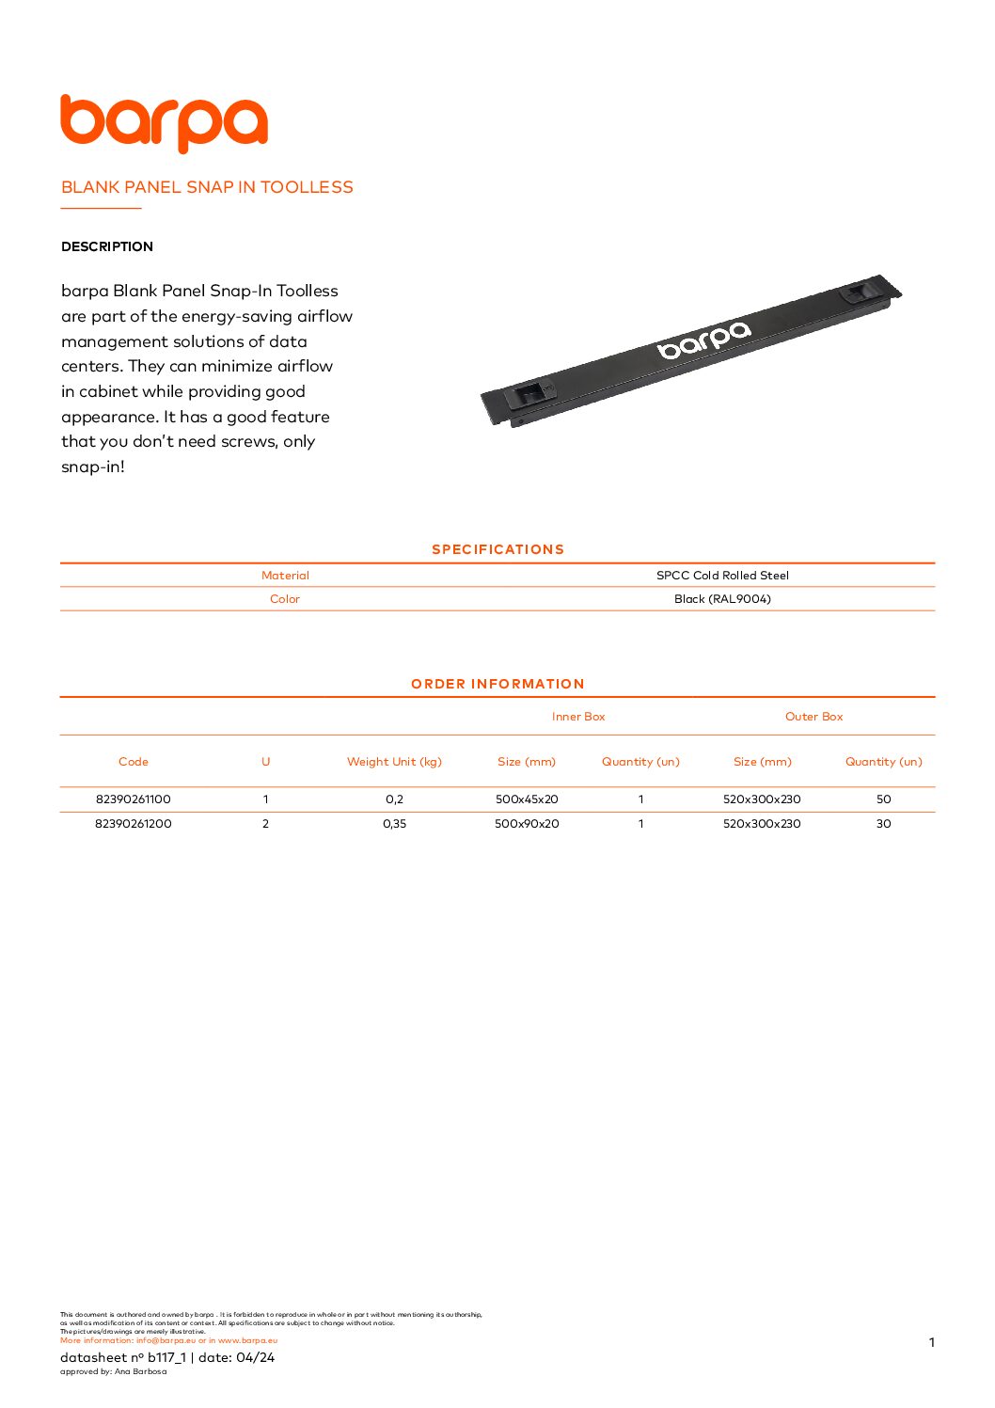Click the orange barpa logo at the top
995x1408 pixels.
[x=164, y=122]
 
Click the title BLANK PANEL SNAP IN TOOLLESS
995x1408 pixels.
[x=207, y=187]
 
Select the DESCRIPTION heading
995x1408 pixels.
[x=107, y=246]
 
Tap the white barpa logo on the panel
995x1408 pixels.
[x=704, y=340]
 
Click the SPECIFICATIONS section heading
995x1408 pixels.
[x=497, y=549]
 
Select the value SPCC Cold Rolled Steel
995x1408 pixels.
[x=722, y=576]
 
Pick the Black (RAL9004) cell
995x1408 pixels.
[x=722, y=599]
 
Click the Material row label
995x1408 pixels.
[x=285, y=576]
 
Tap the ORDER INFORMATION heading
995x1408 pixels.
[x=497, y=684]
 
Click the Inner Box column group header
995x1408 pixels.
[x=578, y=717]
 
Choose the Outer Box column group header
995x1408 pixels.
[x=813, y=717]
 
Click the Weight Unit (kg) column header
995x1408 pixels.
[x=394, y=762]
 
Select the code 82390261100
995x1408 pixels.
[x=134, y=799]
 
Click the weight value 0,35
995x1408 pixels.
[x=394, y=824]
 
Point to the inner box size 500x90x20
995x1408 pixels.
[x=527, y=824]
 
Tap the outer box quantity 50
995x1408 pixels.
[x=883, y=799]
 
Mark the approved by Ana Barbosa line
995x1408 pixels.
[x=113, y=1371]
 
